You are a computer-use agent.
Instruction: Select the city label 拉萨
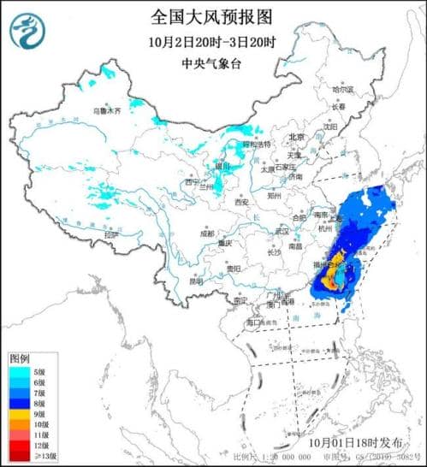click(x=110, y=233)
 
